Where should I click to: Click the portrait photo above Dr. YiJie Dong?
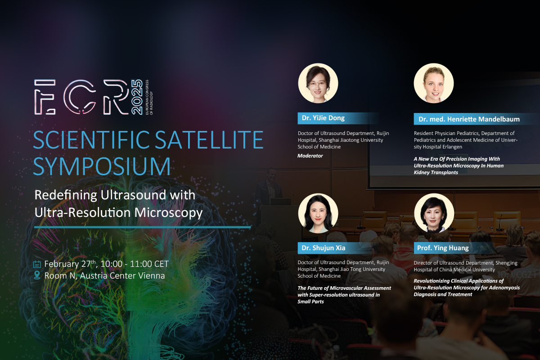point(318,83)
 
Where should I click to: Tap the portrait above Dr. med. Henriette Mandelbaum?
point(434,83)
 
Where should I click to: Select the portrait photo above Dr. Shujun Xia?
point(318,213)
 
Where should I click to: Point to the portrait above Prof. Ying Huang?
point(434,213)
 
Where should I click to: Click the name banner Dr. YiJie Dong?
point(337,118)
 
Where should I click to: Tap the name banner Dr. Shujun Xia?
point(336,248)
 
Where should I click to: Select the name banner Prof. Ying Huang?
point(453,248)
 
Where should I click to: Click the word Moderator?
point(310,156)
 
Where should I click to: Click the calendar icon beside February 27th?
point(37,264)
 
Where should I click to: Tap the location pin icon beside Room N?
point(37,275)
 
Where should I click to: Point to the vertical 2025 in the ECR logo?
point(137,97)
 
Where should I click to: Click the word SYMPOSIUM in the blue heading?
point(102,166)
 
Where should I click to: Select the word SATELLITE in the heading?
point(209,140)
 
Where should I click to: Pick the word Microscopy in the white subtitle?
point(168,213)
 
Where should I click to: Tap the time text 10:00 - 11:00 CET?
point(135,264)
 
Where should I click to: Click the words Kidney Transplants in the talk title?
point(436,172)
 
